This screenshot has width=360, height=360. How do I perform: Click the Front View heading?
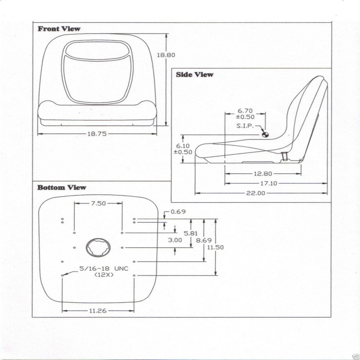(x=59, y=29)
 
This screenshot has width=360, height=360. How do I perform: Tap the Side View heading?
(x=194, y=75)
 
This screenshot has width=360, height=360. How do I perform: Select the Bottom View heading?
(x=62, y=188)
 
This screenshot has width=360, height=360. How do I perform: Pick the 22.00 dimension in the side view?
(x=256, y=193)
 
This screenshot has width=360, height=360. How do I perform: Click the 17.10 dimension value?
(x=268, y=183)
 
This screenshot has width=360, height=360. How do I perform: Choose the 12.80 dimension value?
(x=263, y=174)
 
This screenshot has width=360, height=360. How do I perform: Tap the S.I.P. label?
(x=245, y=126)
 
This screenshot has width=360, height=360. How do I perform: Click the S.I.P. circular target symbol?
(x=265, y=134)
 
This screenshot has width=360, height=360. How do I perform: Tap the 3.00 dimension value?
(x=175, y=240)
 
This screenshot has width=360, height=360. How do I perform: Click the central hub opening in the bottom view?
(x=98, y=248)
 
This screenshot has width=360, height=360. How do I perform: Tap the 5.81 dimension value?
(x=191, y=233)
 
